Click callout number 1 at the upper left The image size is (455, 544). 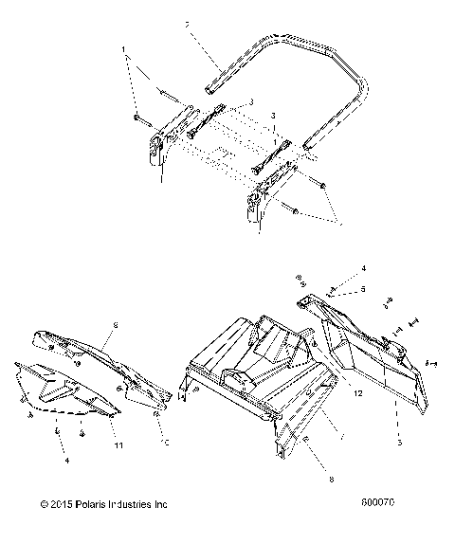123,49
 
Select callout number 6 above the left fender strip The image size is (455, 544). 116,325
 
